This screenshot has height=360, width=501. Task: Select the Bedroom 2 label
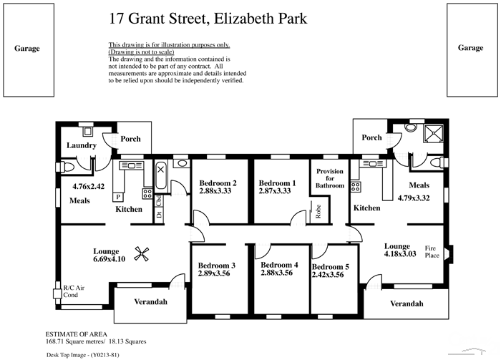[218, 182]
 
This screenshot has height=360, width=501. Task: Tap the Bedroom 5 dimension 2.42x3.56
[331, 276]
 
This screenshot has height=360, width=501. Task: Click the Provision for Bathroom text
[330, 179]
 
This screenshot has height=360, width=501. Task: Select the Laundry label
[82, 145]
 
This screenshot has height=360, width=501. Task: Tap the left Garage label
[27, 49]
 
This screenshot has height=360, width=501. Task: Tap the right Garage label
[470, 47]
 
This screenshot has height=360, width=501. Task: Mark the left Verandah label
[150, 302]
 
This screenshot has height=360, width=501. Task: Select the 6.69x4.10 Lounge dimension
[110, 259]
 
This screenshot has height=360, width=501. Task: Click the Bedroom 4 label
[279, 264]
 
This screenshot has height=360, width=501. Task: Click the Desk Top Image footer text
[88, 354]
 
